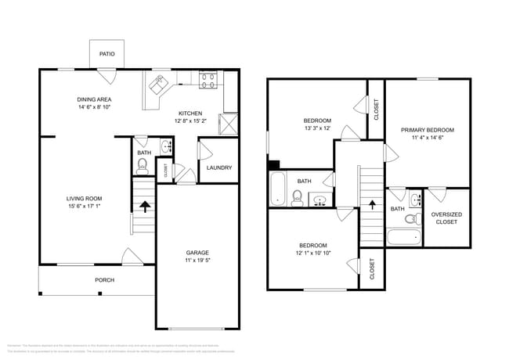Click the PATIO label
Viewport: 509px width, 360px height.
tap(106, 54)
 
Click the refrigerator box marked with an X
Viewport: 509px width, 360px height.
tap(229, 124)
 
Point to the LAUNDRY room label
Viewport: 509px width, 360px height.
tap(218, 167)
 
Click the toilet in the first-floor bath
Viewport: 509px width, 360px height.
tap(143, 165)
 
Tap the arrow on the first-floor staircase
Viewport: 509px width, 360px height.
tap(144, 207)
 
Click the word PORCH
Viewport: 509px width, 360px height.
tap(105, 279)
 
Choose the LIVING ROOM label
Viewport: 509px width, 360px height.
tap(84, 199)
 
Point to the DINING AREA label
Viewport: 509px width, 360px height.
tap(93, 99)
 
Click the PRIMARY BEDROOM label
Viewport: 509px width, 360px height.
tap(427, 130)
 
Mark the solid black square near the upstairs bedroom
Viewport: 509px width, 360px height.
tap(273, 164)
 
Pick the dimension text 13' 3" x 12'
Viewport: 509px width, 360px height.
tap(317, 128)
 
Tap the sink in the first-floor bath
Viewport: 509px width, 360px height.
tap(166, 146)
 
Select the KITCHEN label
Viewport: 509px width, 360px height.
tap(190, 113)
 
